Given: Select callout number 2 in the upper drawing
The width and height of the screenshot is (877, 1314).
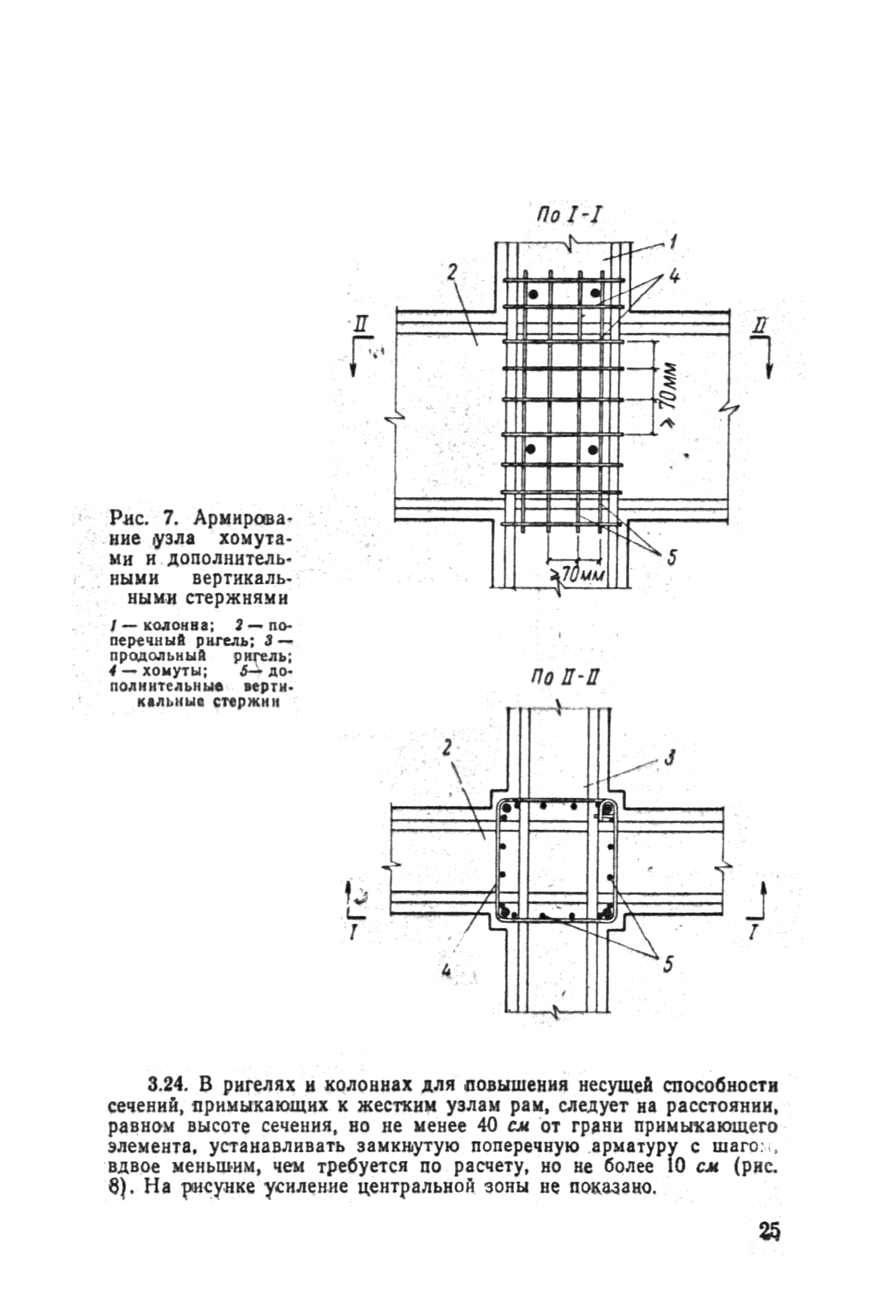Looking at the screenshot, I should point(451,273).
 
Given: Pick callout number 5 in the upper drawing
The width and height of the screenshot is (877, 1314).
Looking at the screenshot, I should point(671,557).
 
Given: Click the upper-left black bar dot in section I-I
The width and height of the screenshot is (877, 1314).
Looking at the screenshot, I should point(533,294).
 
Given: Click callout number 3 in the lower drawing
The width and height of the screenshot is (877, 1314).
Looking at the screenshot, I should point(671,758).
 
